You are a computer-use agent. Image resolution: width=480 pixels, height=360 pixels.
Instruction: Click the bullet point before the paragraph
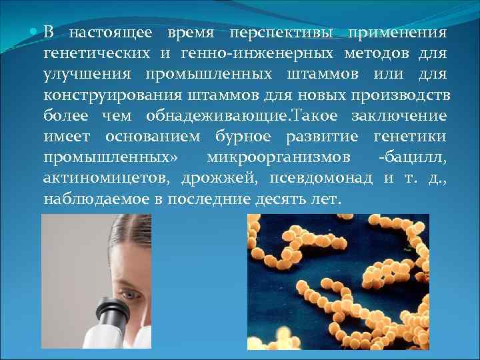coord(35,31)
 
